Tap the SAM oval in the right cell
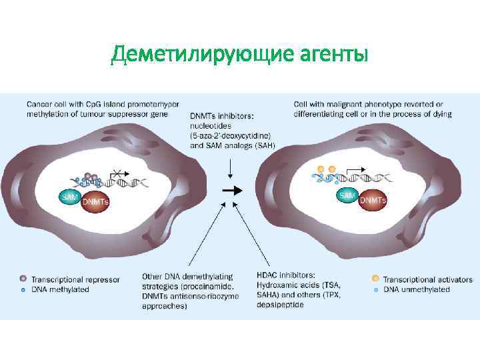point(347,195)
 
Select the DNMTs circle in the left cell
point(96,201)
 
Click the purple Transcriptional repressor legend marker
point(24,279)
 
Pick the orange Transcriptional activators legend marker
point(375,279)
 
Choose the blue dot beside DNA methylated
point(24,290)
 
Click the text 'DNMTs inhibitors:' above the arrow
point(222,116)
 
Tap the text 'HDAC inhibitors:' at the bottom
point(287,275)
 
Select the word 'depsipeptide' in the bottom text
point(280,305)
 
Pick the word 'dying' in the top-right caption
point(439,114)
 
